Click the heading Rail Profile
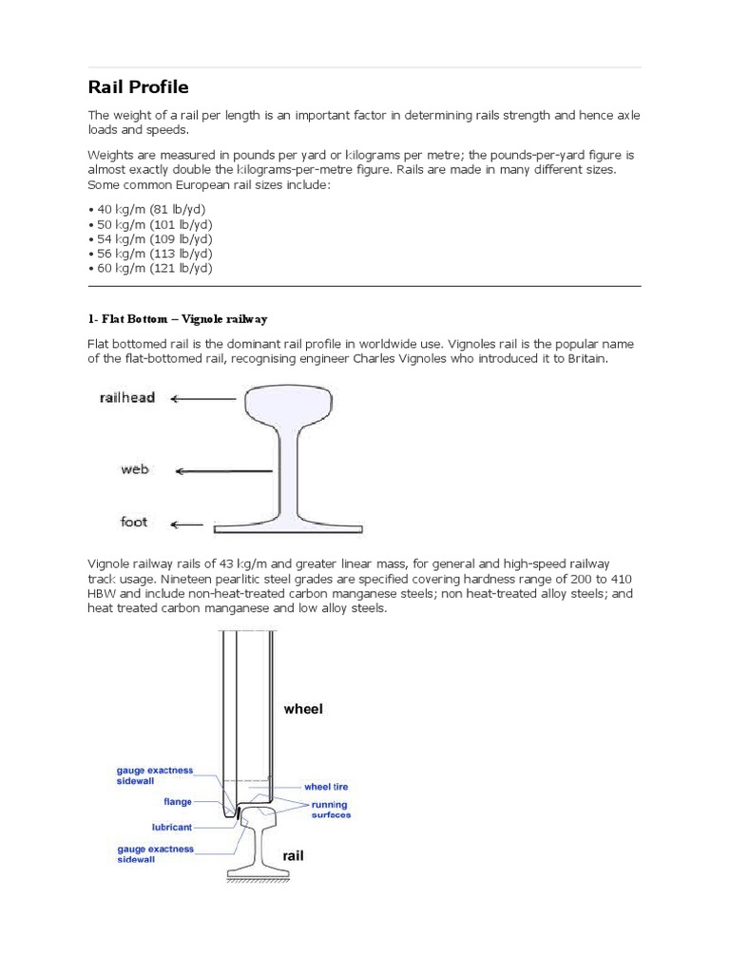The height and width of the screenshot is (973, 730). pos(138,87)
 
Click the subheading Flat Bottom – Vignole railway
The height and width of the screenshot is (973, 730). pos(184,318)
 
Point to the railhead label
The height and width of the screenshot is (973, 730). pos(127,398)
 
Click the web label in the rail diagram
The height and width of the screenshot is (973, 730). pos(134,469)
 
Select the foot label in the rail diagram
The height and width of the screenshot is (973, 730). pos(134,522)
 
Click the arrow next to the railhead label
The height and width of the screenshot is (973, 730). pos(203,399)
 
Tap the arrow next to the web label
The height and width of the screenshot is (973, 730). pos(225,470)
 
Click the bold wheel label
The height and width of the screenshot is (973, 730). pos(303,709)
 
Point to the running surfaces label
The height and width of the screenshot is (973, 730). pos(331,810)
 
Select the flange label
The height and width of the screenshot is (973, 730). pos(177,801)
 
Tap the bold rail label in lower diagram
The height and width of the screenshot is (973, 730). pos(292,855)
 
